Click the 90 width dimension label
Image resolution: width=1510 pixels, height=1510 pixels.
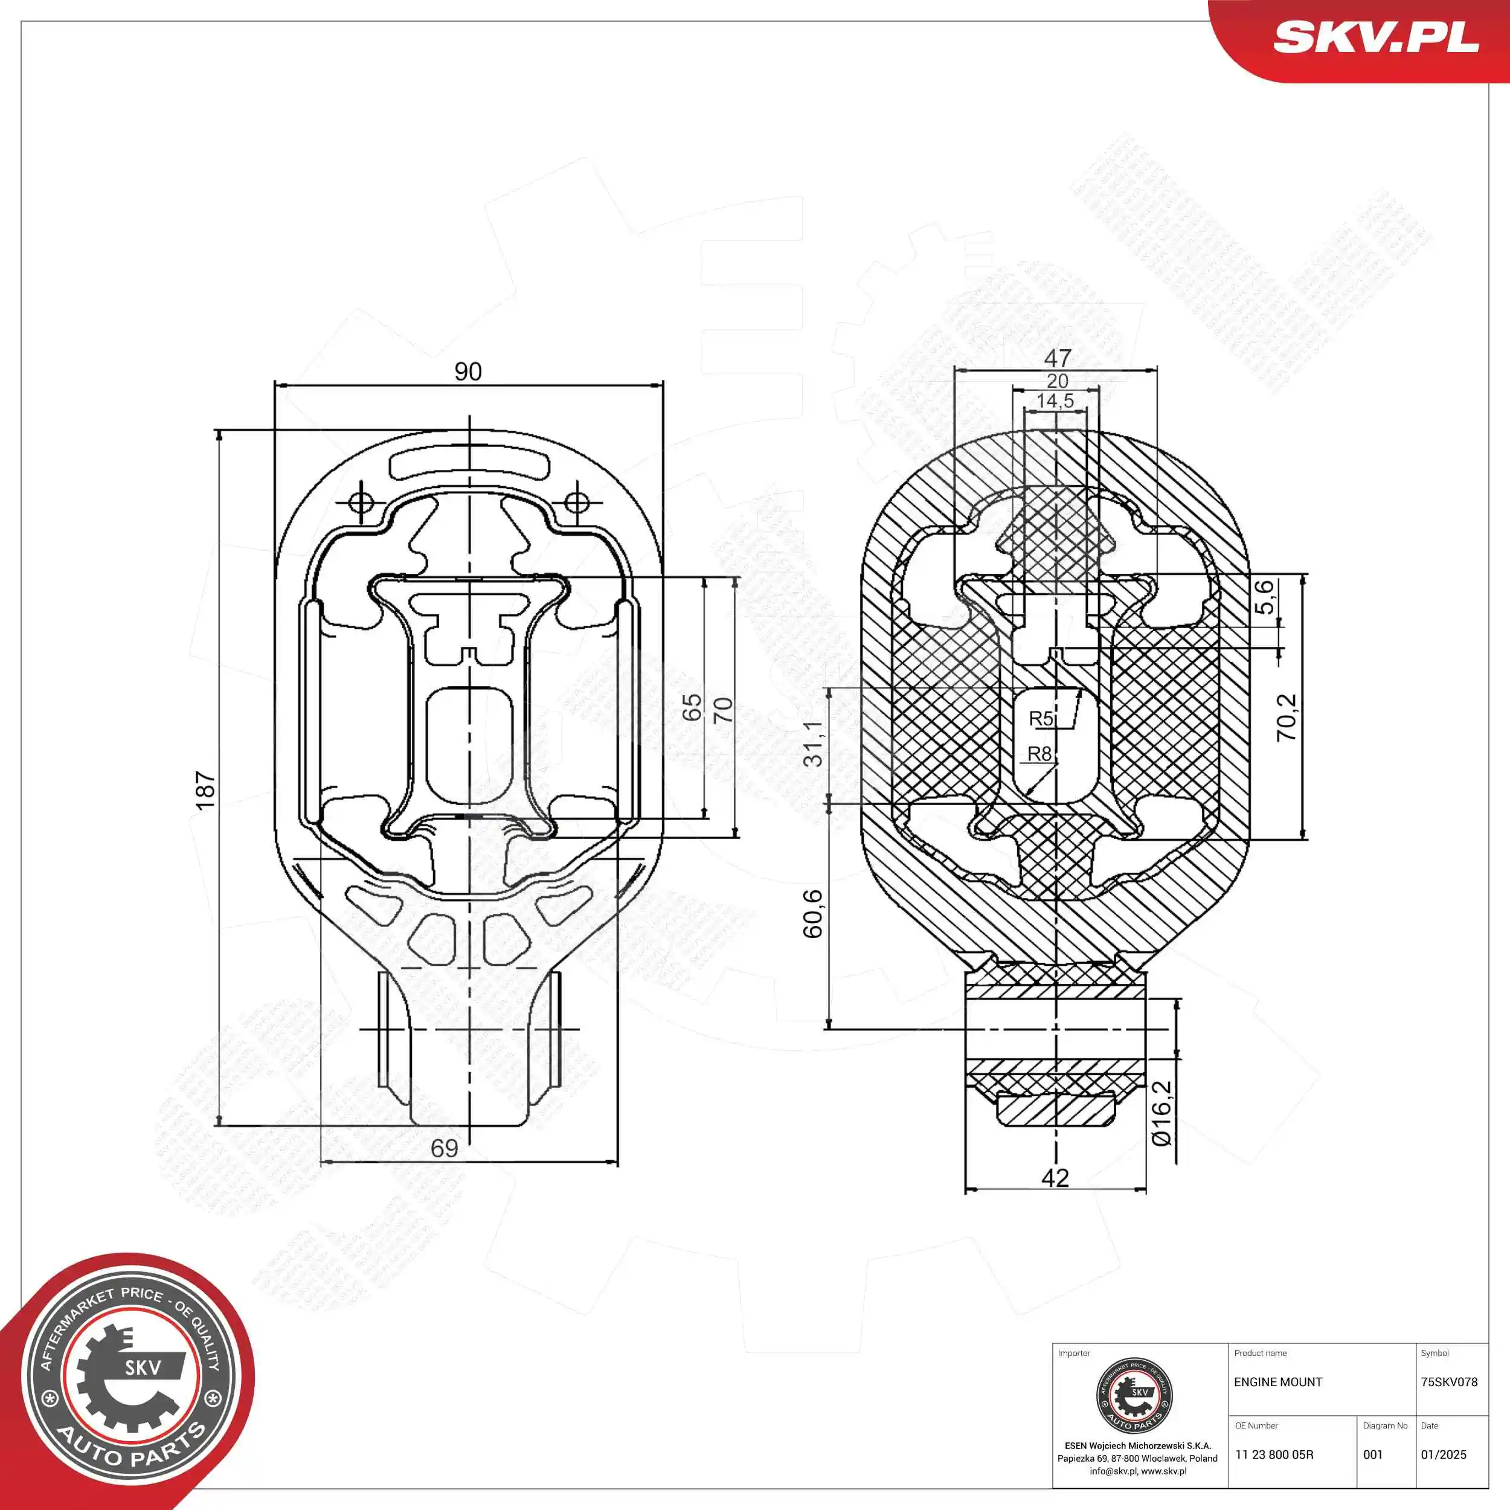point(468,371)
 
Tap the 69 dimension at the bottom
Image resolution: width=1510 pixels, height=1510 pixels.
point(445,1148)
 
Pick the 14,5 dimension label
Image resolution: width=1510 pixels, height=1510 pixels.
point(1055,401)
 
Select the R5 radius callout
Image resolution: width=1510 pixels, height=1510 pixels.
point(1041,718)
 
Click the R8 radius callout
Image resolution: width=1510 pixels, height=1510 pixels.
point(1039,753)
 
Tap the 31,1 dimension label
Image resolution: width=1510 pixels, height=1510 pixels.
point(814,744)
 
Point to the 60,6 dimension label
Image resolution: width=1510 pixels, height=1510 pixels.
point(813,913)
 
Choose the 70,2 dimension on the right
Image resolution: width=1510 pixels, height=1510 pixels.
point(1287,718)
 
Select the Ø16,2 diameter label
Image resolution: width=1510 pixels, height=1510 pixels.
point(1162,1113)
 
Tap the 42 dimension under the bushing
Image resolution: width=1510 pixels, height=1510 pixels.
point(1055,1177)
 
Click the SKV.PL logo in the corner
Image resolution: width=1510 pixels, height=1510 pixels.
point(1375,37)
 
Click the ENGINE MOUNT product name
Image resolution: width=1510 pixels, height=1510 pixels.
point(1278,1382)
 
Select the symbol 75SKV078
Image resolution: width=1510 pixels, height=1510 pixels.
point(1449,1382)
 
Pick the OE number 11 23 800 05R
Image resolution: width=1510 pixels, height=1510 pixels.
point(1274,1454)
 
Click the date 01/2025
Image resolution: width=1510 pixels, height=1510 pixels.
point(1444,1454)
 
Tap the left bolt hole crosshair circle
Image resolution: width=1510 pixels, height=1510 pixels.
point(361,501)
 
